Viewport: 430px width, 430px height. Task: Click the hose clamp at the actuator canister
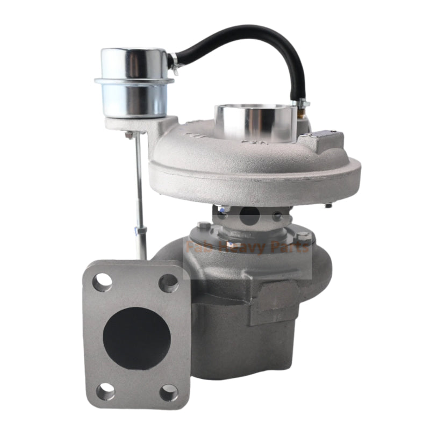174,62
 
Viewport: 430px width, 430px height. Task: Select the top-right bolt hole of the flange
169,283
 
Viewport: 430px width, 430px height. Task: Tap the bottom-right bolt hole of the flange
169,392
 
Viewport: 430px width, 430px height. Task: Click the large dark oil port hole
249,216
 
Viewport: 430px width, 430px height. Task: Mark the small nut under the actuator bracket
129,134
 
